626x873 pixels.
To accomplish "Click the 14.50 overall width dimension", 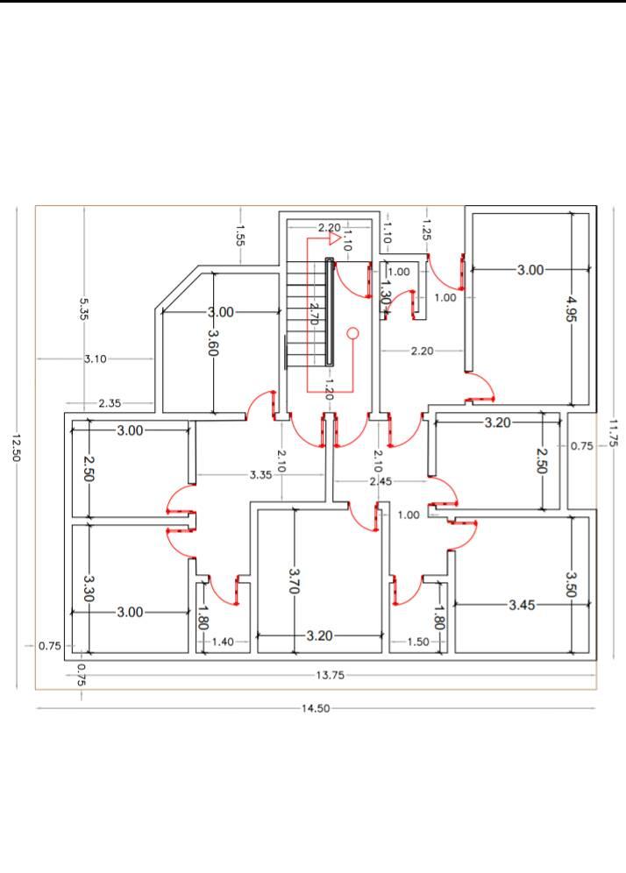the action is tap(316, 708).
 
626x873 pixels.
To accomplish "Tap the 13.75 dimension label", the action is tap(331, 676).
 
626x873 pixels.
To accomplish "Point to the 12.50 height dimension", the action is tap(16, 448).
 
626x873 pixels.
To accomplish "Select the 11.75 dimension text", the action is tap(613, 433).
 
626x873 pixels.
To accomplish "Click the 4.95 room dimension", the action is tap(572, 309).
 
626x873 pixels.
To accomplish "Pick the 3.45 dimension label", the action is tap(522, 605).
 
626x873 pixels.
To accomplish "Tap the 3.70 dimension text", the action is tap(295, 580).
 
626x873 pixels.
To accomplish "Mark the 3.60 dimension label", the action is tap(213, 343).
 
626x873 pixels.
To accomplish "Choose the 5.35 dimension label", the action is tap(84, 309).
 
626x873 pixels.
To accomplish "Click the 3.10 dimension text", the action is tap(96, 359).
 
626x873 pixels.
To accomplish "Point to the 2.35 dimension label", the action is tap(110, 403).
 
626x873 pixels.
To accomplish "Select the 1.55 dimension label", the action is tap(240, 235).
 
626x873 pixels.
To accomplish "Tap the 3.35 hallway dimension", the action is tap(260, 475).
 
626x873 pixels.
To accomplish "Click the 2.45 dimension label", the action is tap(381, 481).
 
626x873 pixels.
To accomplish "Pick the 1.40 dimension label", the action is tap(223, 642).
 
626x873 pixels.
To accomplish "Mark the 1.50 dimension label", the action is tap(418, 642).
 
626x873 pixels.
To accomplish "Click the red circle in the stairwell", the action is tap(352, 333).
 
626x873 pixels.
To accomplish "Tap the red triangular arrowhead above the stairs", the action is tap(334, 239).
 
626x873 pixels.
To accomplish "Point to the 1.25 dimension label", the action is tap(426, 230).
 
